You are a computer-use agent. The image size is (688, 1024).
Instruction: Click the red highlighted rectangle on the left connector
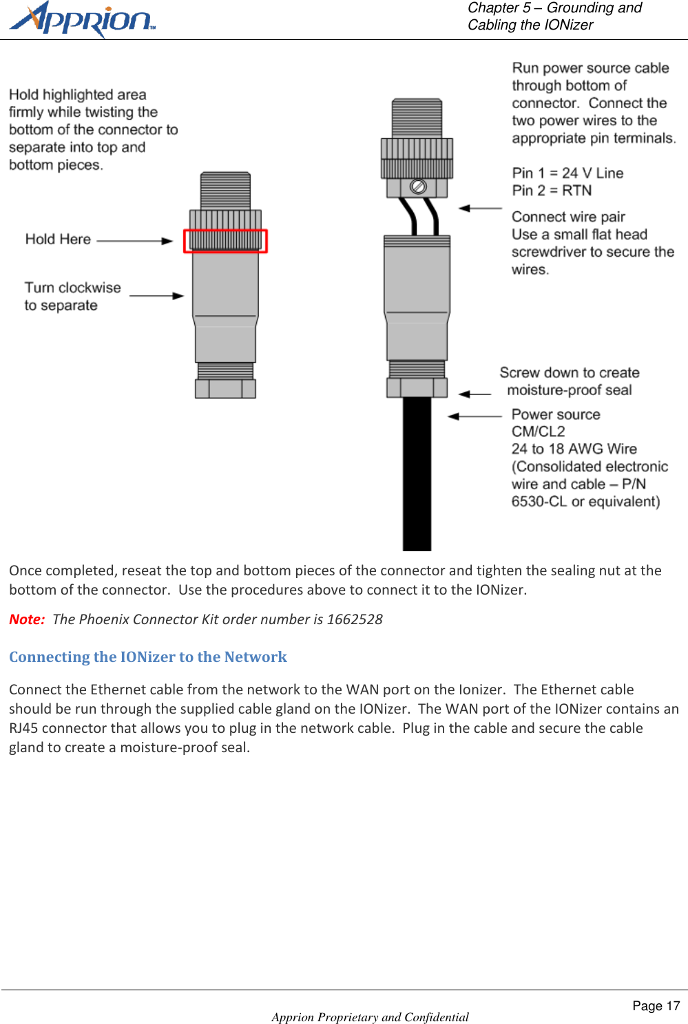tap(225, 241)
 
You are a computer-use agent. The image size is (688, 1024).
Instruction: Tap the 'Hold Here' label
tap(58, 239)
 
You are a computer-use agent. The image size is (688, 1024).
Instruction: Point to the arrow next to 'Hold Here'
tap(135, 241)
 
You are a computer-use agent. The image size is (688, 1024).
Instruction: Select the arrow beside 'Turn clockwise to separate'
tap(156, 296)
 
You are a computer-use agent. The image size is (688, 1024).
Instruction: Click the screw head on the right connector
tap(418, 186)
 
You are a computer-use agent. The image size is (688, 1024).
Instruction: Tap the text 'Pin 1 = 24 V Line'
tap(567, 173)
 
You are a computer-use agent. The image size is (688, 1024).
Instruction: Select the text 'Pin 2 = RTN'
tap(552, 191)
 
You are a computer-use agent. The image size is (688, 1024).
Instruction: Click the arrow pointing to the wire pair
tap(480, 208)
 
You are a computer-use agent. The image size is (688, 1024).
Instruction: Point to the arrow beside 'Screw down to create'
tap(475, 394)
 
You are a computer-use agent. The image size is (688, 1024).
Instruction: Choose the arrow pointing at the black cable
tap(475, 416)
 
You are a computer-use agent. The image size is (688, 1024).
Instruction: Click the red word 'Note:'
tap(27, 619)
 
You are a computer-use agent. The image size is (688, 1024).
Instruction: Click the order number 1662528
tap(355, 619)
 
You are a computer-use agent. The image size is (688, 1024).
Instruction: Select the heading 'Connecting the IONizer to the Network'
tap(148, 657)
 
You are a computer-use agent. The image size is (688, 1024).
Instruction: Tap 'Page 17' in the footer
tap(656, 1006)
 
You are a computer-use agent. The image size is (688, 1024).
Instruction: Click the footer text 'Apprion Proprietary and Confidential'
tap(370, 1017)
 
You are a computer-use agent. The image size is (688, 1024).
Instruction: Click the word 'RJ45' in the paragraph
tap(23, 728)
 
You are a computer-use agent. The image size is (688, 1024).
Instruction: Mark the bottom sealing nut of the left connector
tap(225, 388)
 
